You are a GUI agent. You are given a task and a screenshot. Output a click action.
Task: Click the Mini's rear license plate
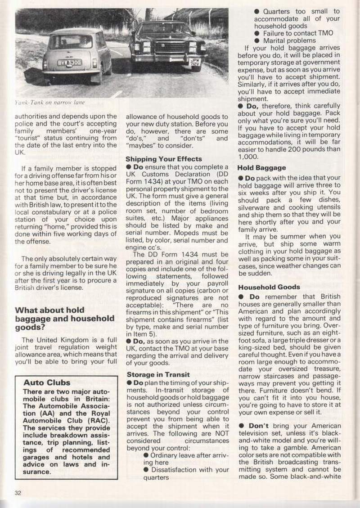pyautogui.click(x=69, y=63)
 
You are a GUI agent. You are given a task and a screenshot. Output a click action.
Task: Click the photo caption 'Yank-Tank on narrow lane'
pyautogui.click(x=50, y=102)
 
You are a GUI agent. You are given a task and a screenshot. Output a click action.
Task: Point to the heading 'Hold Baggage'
pyautogui.click(x=262, y=168)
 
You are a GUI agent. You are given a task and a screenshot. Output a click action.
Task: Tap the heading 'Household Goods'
pyautogui.click(x=269, y=287)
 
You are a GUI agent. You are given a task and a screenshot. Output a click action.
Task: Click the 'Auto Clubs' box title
pyautogui.click(x=47, y=382)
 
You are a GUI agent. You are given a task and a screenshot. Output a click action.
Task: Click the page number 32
pyautogui.click(x=18, y=492)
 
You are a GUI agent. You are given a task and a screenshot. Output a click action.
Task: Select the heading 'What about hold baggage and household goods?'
pyautogui.click(x=65, y=319)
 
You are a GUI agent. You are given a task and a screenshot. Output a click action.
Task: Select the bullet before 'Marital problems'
pyautogui.click(x=256, y=40)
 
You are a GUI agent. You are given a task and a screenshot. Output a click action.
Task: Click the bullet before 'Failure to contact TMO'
pyautogui.click(x=256, y=33)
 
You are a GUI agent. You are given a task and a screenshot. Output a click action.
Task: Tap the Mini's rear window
pyautogui.click(x=71, y=42)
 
